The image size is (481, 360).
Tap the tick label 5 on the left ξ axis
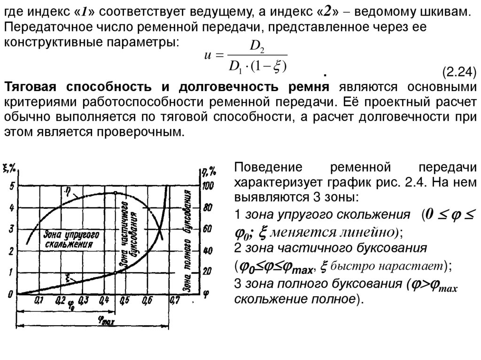(x=11, y=187)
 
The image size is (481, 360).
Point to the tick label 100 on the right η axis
(x=207, y=186)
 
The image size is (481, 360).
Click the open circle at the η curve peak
(x=115, y=192)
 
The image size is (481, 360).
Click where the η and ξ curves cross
(x=159, y=230)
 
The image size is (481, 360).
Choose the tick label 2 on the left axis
(x=11, y=251)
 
